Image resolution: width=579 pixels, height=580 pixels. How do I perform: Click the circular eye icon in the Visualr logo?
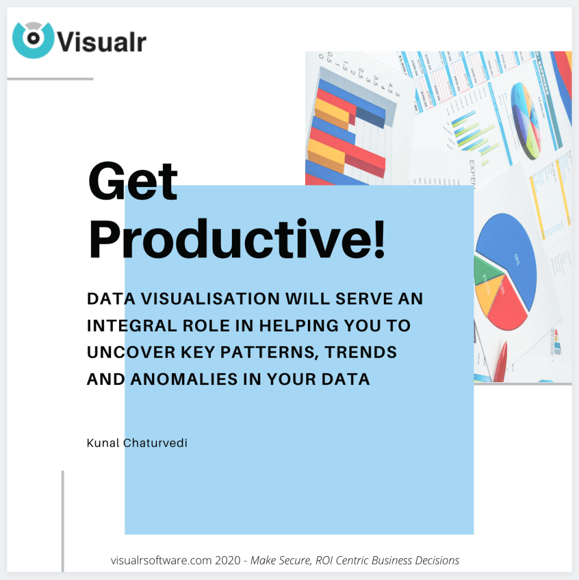[33, 39]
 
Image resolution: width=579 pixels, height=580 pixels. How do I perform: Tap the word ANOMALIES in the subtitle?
[180, 379]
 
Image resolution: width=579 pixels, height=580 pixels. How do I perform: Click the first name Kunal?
[103, 443]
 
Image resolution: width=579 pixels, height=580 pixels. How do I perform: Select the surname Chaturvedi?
[155, 443]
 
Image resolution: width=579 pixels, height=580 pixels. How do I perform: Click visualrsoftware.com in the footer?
[162, 560]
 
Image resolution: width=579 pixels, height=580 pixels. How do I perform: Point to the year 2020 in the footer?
[229, 560]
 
